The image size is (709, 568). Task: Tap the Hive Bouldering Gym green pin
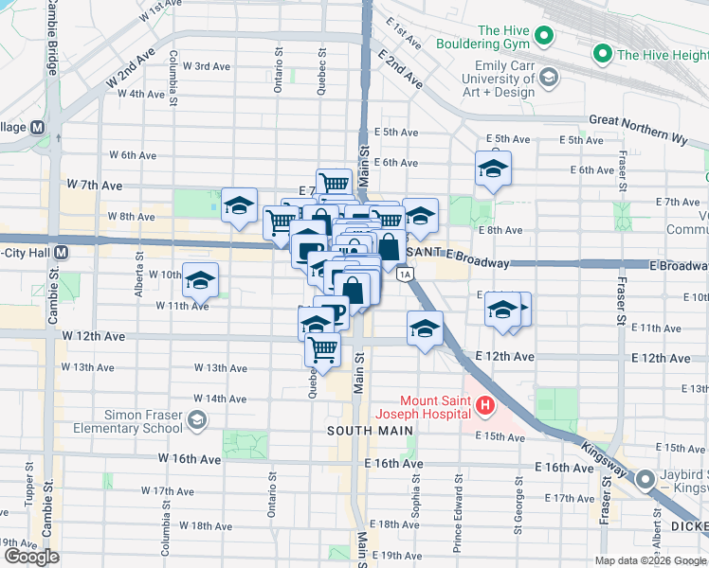pos(544,37)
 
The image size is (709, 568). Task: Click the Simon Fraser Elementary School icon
pos(197,419)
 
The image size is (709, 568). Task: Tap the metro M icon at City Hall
pos(61,253)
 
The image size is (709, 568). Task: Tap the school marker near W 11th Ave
pos(200,280)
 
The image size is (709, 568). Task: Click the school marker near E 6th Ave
pos(493,169)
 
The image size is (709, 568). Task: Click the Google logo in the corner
pos(31,558)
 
